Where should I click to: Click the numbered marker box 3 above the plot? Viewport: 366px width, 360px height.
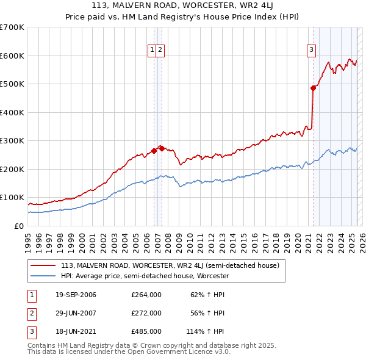click(x=311, y=50)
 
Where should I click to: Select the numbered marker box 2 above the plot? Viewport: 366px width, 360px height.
click(x=160, y=50)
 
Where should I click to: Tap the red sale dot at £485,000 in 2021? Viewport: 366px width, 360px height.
click(x=313, y=88)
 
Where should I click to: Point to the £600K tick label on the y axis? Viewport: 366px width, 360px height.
click(x=12, y=56)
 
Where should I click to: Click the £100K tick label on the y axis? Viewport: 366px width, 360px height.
click(x=12, y=198)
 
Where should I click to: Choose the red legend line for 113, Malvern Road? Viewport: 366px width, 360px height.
click(x=43, y=265)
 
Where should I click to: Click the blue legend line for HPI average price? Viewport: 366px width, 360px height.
click(x=43, y=276)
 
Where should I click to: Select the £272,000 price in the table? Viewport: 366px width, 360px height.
click(x=146, y=313)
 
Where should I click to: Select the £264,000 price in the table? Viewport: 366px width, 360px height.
click(x=146, y=295)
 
